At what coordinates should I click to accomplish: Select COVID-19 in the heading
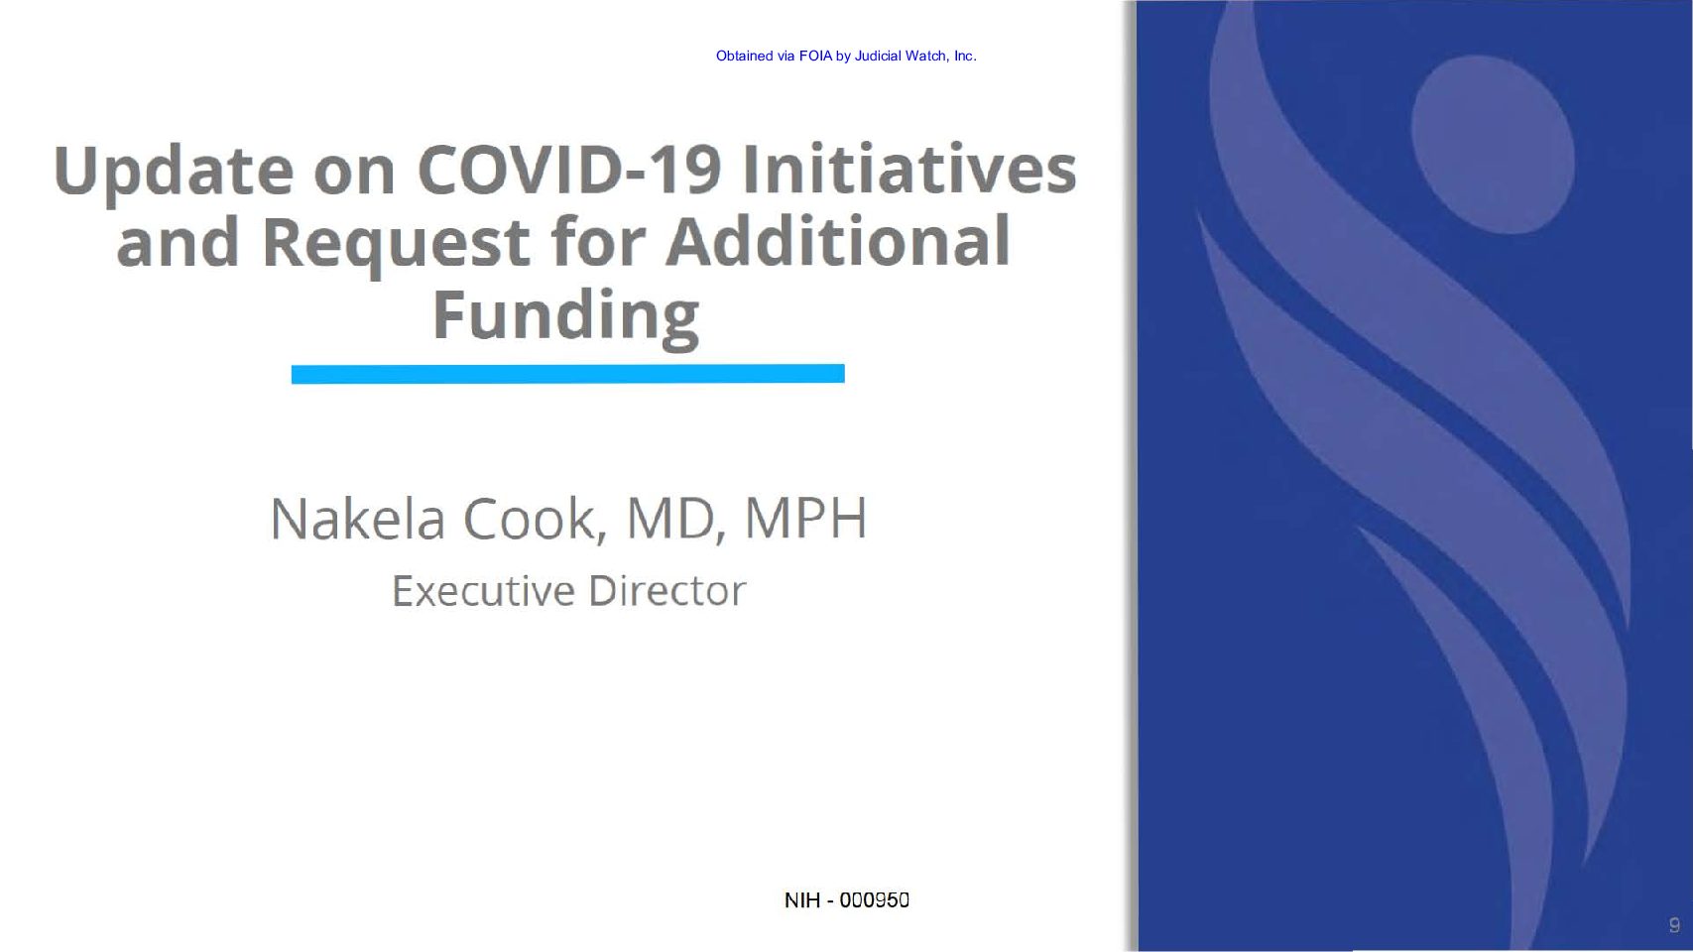tap(569, 169)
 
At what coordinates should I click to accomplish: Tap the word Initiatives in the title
tap(909, 168)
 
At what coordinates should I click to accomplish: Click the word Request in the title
tap(396, 244)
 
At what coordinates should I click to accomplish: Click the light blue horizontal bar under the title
tap(567, 373)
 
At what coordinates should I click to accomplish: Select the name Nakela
tap(357, 519)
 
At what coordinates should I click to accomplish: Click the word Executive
tap(483, 591)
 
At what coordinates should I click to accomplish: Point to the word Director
tap(667, 591)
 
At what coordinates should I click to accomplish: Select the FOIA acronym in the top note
tap(815, 56)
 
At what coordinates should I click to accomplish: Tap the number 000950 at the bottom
tap(874, 899)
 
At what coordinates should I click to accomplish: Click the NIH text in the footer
tap(802, 899)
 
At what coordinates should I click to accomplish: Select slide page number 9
tap(1674, 924)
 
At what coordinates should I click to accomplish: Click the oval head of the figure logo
tap(1493, 145)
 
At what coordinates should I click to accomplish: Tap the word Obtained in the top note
tap(745, 56)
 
